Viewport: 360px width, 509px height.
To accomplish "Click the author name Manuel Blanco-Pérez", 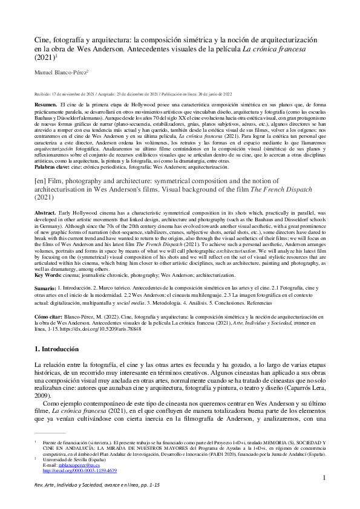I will [60, 73].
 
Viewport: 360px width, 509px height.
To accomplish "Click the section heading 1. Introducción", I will [56, 349].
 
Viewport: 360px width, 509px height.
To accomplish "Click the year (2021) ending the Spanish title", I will [44, 59].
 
